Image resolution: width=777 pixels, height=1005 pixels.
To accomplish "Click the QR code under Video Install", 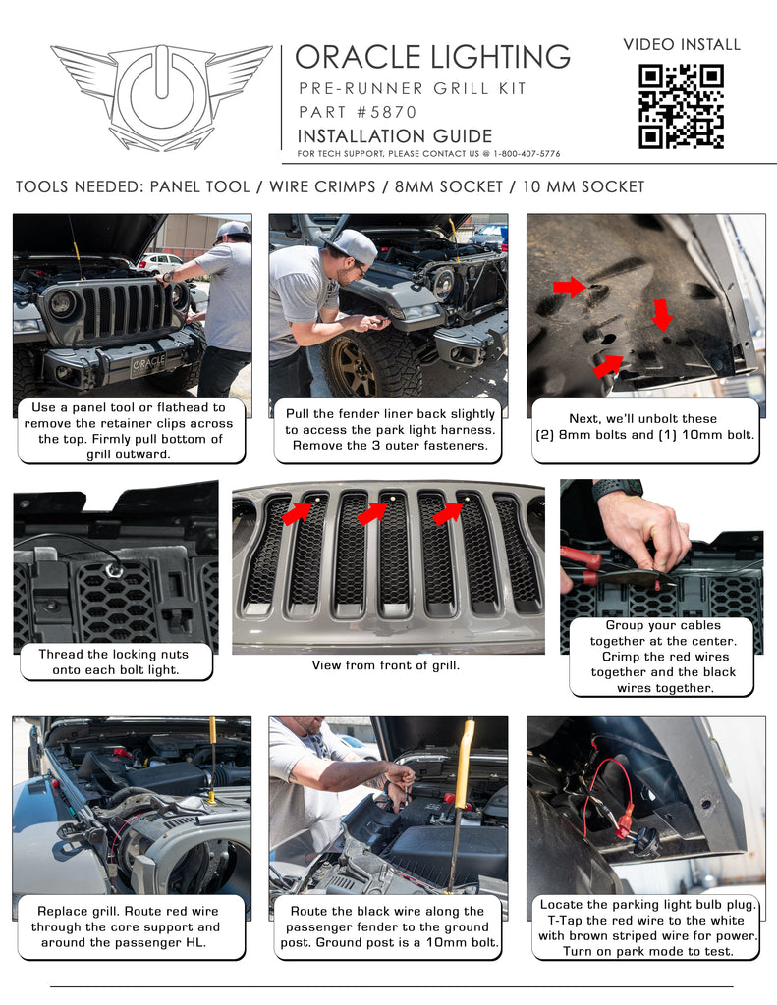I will click(681, 106).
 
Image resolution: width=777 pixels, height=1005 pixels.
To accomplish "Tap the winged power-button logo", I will click(161, 96).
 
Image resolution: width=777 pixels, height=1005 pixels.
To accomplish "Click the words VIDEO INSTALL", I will click(682, 45).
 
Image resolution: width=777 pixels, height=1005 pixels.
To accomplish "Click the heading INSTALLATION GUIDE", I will click(394, 135).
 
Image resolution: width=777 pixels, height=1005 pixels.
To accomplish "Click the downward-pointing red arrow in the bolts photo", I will click(663, 316).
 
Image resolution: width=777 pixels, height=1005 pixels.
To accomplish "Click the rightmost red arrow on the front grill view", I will click(448, 512).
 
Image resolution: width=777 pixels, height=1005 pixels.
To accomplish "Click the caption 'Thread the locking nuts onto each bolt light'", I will click(117, 662).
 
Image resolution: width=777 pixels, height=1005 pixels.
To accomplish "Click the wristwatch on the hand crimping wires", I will click(617, 488).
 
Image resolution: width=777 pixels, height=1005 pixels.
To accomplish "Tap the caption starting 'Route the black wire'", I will click(387, 927).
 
